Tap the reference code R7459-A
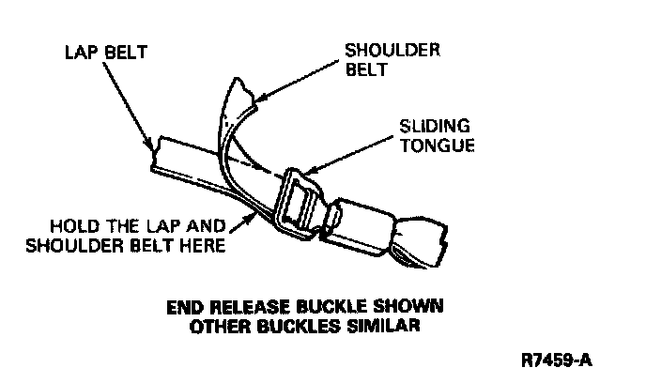click(559, 360)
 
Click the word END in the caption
click(183, 307)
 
